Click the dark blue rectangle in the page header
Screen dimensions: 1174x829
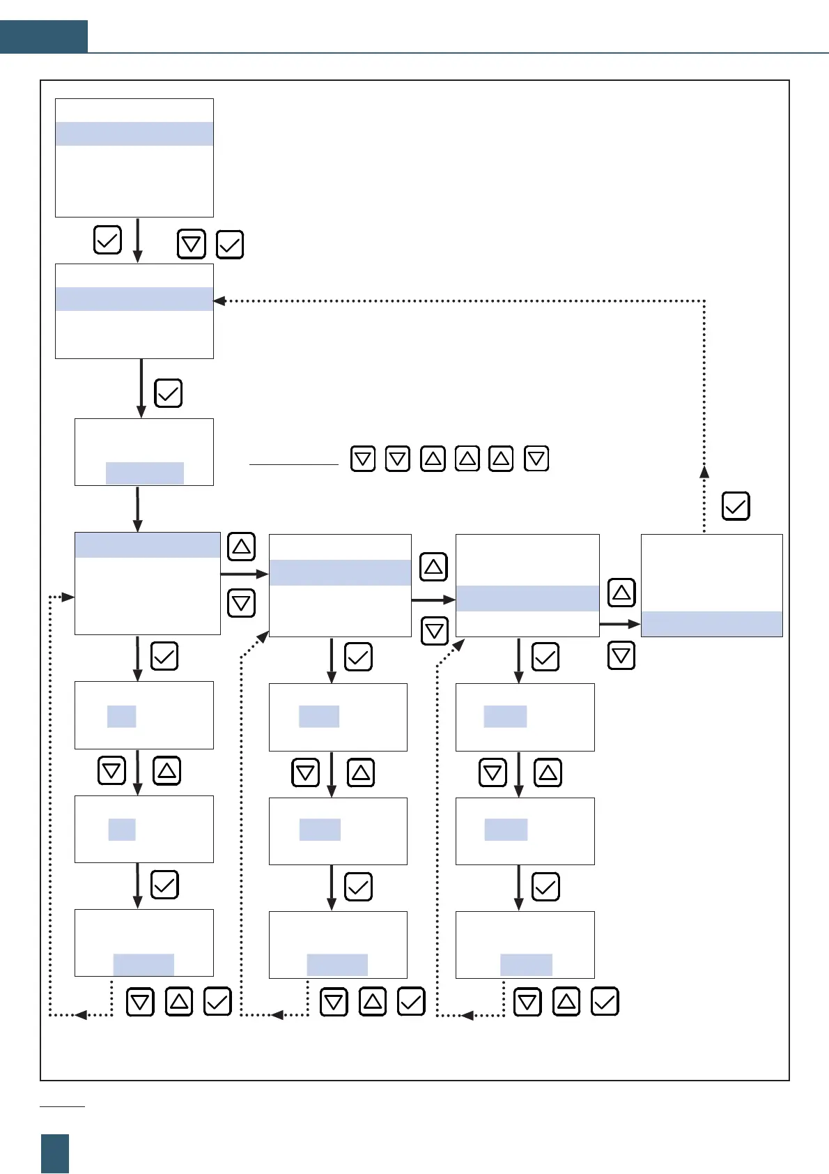[x=43, y=36]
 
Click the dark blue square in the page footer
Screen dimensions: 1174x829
[x=55, y=1153]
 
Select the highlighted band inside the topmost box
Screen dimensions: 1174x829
[x=134, y=134]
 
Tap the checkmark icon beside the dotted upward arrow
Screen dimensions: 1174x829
[x=736, y=506]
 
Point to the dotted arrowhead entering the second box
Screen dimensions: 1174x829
[x=219, y=301]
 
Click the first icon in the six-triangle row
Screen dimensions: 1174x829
[x=363, y=459]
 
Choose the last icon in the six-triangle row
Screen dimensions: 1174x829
[x=536, y=459]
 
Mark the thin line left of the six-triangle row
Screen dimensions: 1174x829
[x=293, y=464]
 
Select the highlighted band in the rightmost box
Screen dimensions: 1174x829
[x=711, y=624]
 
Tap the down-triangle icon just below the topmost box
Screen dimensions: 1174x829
[x=192, y=244]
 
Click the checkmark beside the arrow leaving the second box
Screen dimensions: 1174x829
[x=168, y=393]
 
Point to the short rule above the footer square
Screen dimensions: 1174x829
[x=62, y=1106]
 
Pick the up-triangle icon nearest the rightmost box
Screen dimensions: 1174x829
[x=621, y=593]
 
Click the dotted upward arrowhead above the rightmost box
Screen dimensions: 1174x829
[x=704, y=471]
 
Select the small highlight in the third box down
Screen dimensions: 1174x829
[x=144, y=473]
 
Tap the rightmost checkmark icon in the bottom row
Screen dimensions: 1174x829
[x=605, y=1002]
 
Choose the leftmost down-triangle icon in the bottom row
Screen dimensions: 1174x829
[x=140, y=1002]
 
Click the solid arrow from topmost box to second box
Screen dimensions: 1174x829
[x=138, y=240]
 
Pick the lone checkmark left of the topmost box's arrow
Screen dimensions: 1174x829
[x=107, y=240]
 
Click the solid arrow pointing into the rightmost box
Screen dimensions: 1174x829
[x=620, y=624]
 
